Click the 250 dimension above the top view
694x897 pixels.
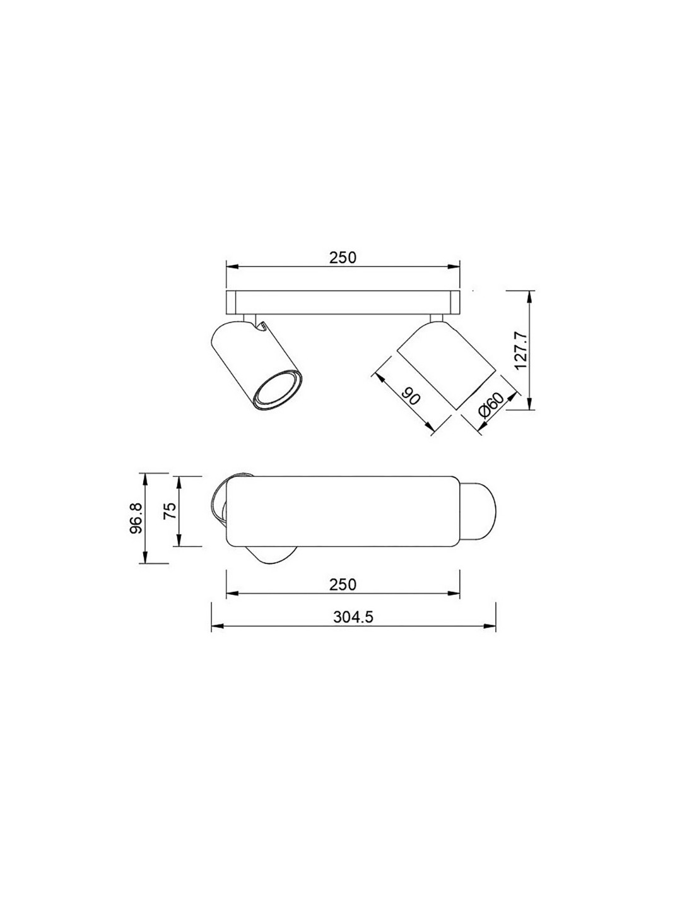pos(343,257)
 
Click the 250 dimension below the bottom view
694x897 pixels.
pos(343,585)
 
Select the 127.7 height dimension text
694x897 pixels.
pos(521,351)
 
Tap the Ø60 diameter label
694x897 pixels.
pos(490,406)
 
